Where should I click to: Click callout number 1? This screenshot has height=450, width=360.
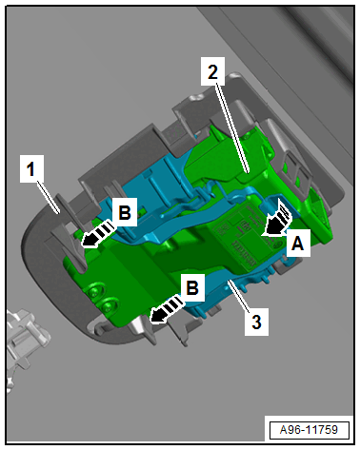tap(30, 168)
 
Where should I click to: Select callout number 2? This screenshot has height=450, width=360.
tap(212, 71)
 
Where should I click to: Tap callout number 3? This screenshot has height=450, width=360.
tap(256, 322)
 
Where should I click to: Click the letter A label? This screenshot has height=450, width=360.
tap(298, 244)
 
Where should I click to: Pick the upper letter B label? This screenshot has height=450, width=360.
tap(125, 212)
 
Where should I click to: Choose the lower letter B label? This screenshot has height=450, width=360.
tap(192, 287)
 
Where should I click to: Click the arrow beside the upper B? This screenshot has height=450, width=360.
tap(96, 235)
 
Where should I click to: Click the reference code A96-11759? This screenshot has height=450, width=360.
tap(309, 430)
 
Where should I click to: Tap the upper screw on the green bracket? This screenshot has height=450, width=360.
tap(94, 291)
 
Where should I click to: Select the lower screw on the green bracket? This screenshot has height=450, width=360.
tap(108, 306)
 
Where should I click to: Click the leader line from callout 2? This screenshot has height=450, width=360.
tap(232, 129)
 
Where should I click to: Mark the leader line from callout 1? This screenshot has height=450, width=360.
tap(49, 197)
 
